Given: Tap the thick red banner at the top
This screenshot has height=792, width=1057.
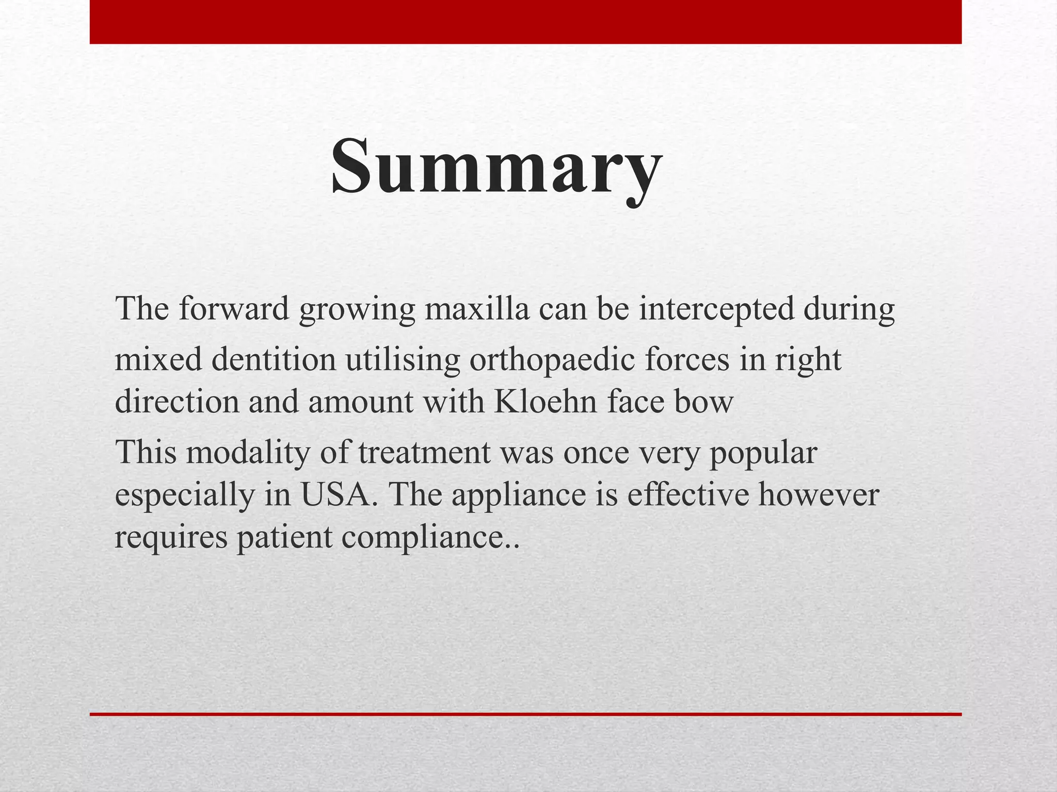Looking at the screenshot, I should [525, 22].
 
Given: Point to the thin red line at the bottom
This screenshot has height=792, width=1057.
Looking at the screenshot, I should [525, 714].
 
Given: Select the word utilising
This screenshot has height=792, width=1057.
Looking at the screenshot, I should [403, 360].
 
